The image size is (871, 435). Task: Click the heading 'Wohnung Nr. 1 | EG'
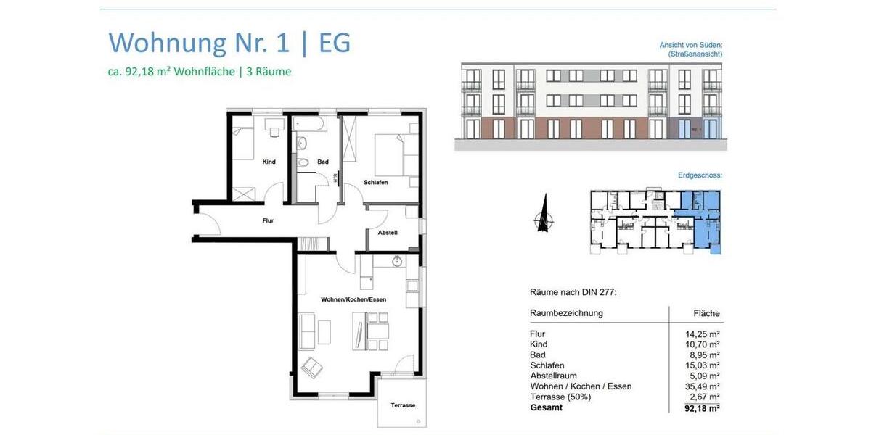click(229, 43)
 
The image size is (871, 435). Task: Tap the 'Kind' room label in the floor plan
click(269, 162)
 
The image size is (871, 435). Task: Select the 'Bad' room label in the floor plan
click(322, 162)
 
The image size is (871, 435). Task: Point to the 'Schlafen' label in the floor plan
click(376, 183)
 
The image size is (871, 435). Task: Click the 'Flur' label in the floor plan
click(268, 220)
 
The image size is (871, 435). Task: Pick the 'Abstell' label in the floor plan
click(388, 233)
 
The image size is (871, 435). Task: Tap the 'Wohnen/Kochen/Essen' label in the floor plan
click(353, 299)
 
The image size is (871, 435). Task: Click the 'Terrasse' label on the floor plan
click(403, 405)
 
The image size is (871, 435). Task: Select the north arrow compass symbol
click(543, 215)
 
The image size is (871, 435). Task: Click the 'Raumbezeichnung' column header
click(566, 313)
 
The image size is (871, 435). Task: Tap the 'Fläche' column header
click(706, 313)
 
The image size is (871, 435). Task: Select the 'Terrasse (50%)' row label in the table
click(560, 397)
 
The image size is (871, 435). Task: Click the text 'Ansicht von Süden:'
click(690, 45)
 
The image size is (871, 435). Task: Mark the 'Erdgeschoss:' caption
click(700, 175)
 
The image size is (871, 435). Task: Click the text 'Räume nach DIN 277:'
click(573, 292)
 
